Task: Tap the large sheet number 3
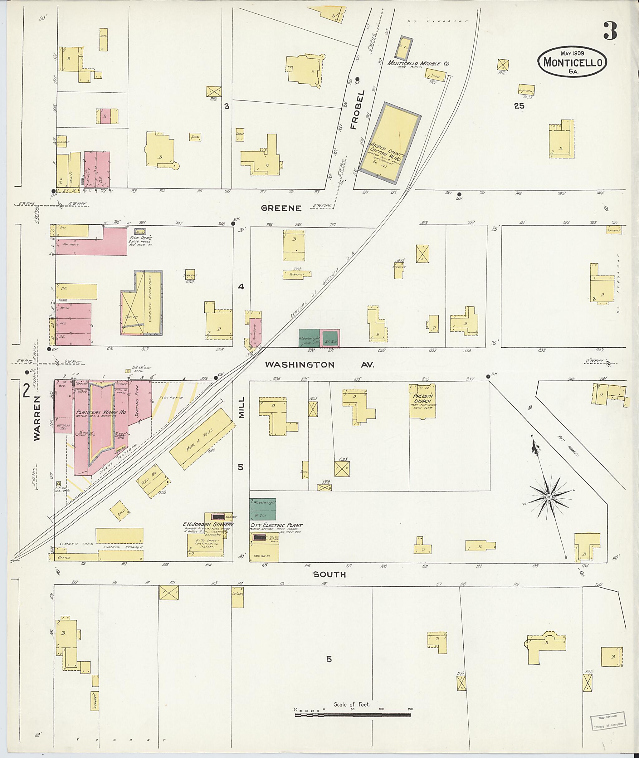click(x=610, y=31)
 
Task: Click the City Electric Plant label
click(x=276, y=525)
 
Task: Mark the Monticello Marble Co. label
click(x=418, y=63)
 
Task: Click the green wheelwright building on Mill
click(x=263, y=509)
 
